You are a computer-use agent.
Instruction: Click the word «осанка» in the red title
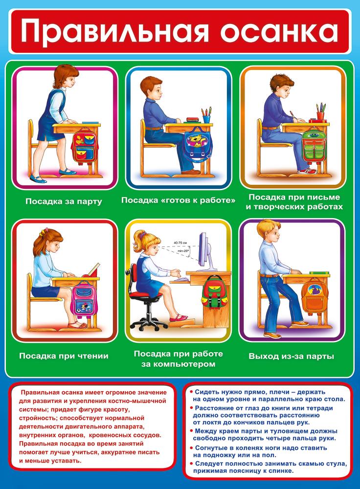[x=279, y=31]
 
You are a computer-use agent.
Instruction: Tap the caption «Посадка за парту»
[x=64, y=201]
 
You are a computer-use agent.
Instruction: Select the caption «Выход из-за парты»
[x=292, y=356]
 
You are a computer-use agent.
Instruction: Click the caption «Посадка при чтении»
[x=64, y=356]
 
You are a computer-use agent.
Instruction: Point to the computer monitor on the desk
[x=204, y=251]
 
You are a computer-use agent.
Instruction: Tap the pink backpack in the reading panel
[x=84, y=299]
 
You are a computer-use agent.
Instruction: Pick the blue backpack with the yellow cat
[x=197, y=144]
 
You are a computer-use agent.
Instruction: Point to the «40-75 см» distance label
[x=180, y=243]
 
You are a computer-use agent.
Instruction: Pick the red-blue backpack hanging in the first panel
[x=85, y=146]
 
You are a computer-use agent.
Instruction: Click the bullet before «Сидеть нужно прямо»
[x=191, y=391]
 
